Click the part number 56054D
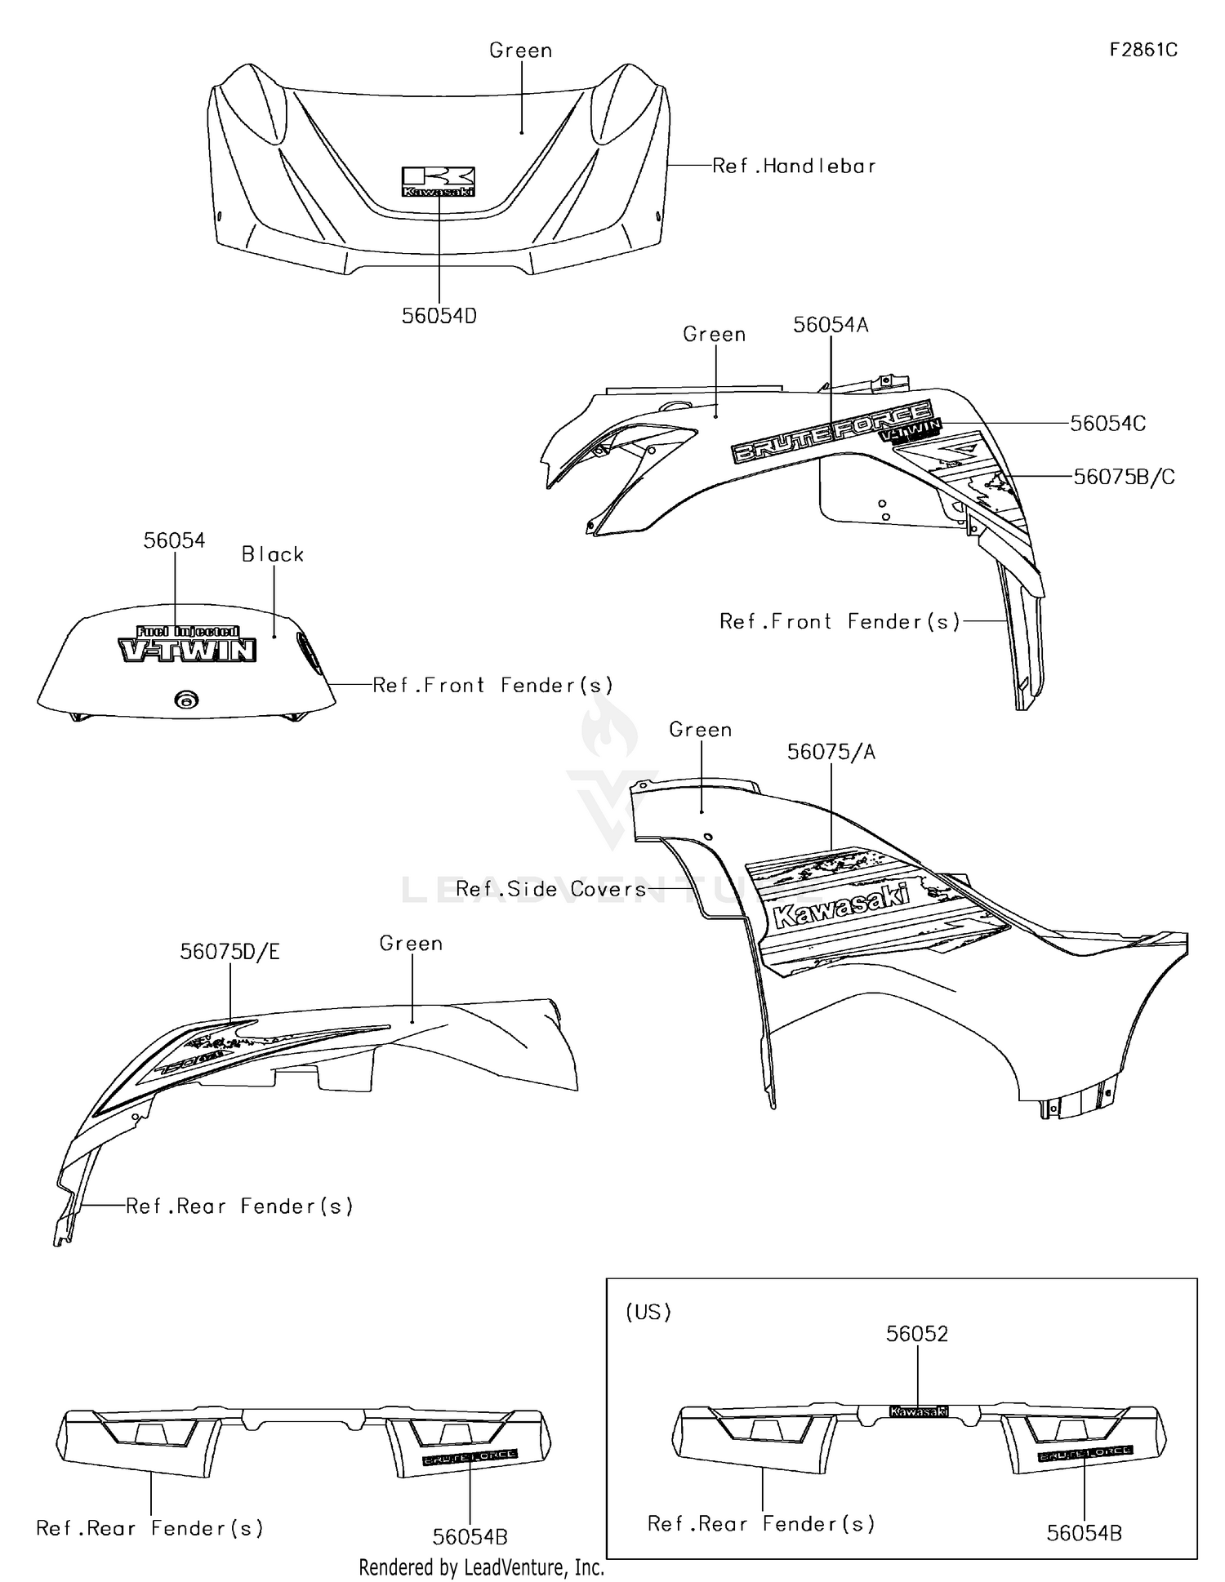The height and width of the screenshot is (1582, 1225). coord(439,316)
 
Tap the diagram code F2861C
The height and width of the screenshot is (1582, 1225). coord(1143,50)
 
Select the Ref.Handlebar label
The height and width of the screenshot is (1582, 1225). coord(794,167)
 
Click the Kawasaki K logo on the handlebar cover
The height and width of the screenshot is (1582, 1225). coord(439,182)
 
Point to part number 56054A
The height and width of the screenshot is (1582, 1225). coord(831,325)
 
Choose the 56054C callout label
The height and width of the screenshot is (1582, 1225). coord(1107,424)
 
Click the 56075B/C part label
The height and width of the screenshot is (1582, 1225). coord(1124,477)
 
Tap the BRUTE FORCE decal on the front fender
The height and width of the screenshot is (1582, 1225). coord(831,430)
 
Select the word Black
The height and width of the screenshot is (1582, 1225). coord(273,555)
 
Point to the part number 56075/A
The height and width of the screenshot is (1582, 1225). coord(831,752)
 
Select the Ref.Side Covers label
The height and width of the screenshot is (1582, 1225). coord(551,889)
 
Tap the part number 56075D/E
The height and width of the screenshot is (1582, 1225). coord(230,952)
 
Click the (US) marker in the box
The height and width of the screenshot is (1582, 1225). coord(648,1312)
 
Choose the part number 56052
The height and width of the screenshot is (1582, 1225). coord(917,1334)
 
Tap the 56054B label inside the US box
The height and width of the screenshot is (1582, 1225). coord(1084,1533)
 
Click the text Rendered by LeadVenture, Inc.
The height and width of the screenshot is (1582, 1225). coord(482,1567)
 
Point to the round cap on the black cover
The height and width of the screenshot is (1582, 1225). coord(187,700)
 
